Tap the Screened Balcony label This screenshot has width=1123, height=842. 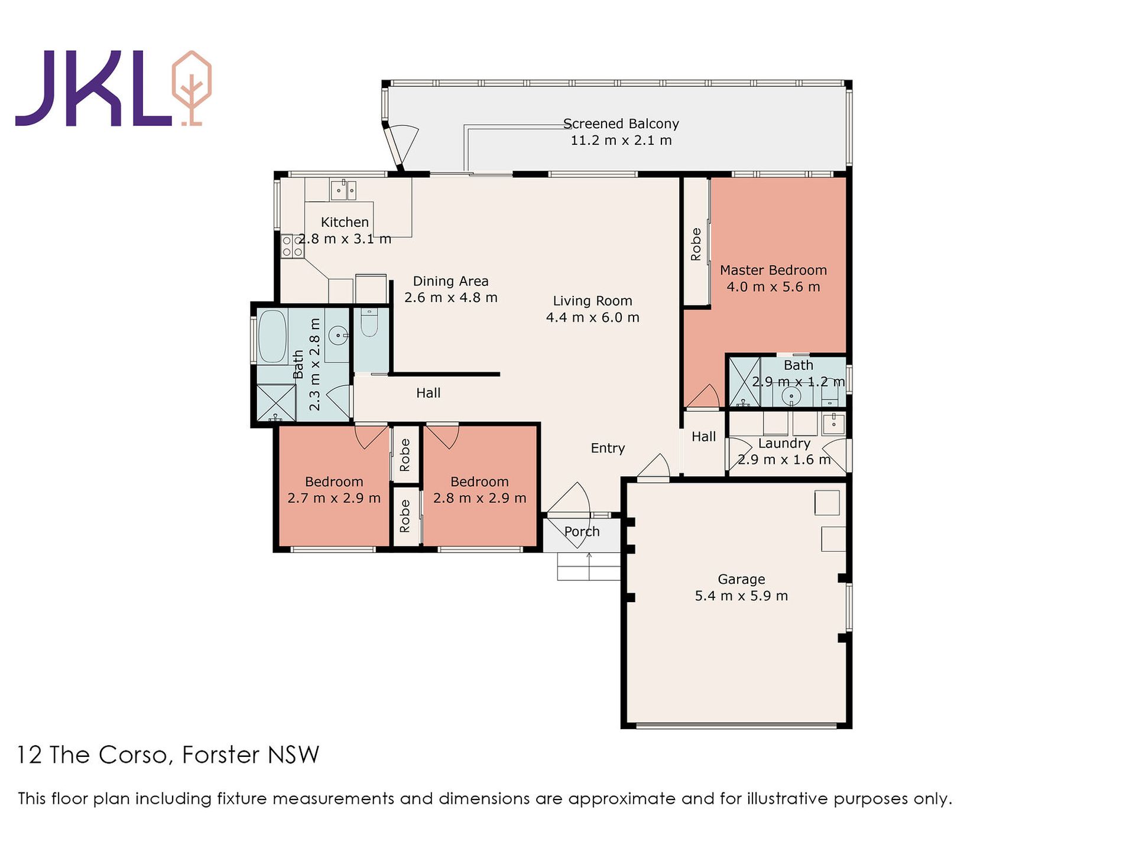(621, 123)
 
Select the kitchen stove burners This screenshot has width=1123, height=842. (292, 246)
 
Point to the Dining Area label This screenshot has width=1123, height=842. (450, 281)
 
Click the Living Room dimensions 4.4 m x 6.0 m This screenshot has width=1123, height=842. (592, 317)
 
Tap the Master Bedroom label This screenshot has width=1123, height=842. (773, 270)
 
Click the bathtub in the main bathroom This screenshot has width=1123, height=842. (272, 336)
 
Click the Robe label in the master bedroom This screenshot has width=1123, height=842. (696, 244)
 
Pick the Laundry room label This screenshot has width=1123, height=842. (784, 443)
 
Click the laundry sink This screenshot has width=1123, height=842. (833, 423)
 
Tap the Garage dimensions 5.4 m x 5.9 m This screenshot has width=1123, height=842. (741, 596)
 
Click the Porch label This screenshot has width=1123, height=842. (582, 531)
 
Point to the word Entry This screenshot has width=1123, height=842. (608, 448)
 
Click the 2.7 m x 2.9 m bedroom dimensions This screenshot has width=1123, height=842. (334, 498)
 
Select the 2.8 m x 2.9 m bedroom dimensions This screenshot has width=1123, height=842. (479, 498)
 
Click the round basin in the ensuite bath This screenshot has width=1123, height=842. (791, 395)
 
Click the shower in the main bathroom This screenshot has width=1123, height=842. (276, 403)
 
